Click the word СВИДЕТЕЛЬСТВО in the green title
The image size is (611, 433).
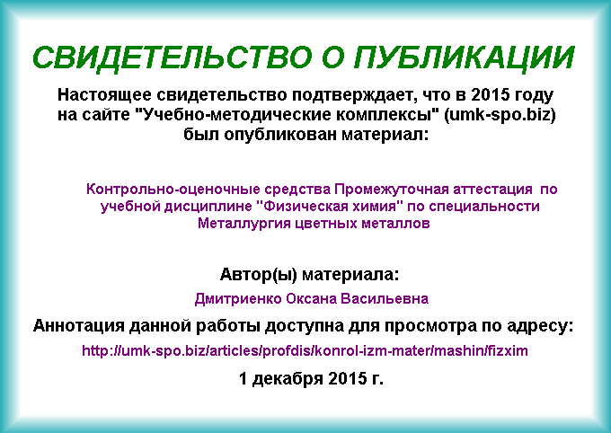pos(173,58)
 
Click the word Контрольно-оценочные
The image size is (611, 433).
pos(173,189)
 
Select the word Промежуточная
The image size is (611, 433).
pos(392,190)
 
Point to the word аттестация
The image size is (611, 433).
pos(492,190)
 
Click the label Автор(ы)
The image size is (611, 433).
pos(259,275)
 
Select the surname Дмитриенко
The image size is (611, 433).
pos(238,299)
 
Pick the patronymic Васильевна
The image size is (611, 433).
pos(385,299)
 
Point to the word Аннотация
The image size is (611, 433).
pos(78,326)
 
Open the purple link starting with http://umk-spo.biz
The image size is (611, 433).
pos(305,350)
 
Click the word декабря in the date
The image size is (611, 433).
pos(288,378)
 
